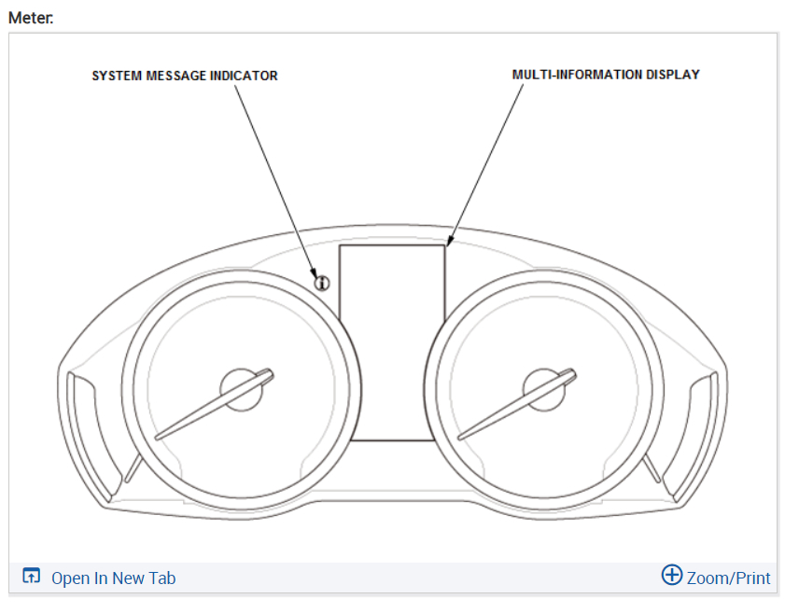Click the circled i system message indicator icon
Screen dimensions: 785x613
click(322, 283)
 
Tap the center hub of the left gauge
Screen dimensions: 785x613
click(241, 387)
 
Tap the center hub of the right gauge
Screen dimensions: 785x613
click(544, 387)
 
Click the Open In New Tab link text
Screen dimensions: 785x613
click(113, 578)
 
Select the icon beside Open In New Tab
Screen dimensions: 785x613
click(32, 577)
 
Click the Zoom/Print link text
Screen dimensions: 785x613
click(728, 578)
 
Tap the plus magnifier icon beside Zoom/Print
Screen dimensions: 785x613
click(671, 576)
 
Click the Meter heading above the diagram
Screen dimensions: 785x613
click(30, 18)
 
